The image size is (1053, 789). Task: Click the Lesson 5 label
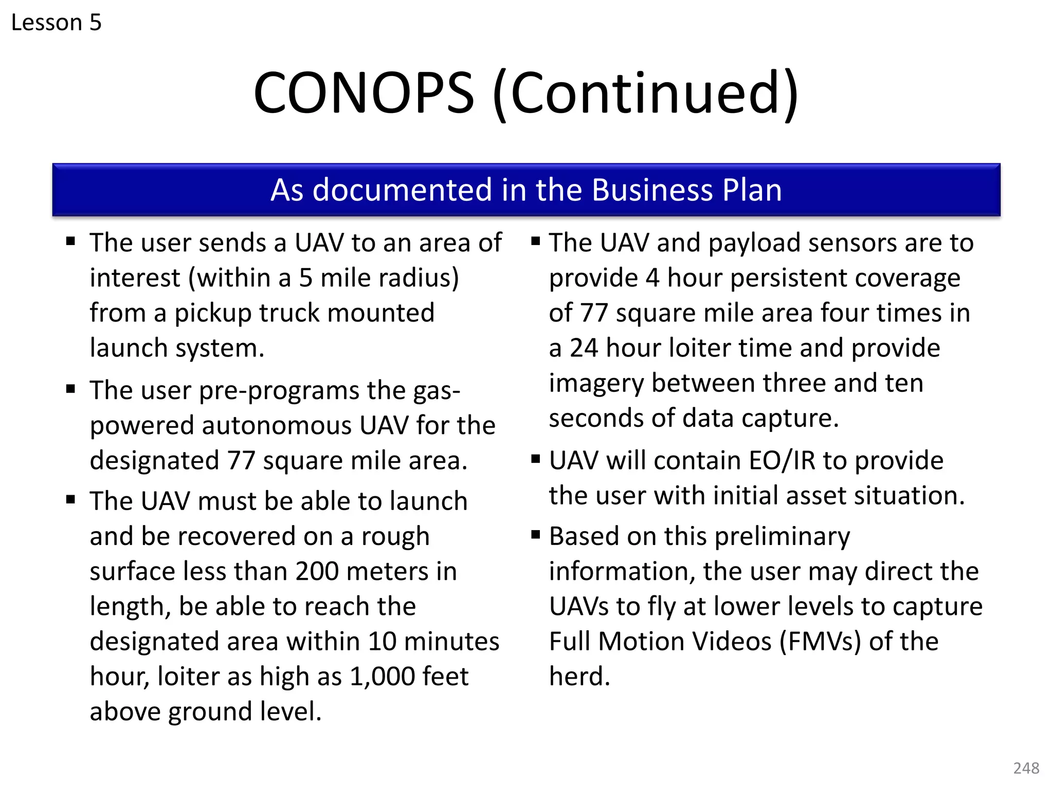click(56, 23)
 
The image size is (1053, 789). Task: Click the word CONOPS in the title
click(364, 93)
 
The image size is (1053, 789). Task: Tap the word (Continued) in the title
click(645, 93)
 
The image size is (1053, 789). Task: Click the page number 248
click(1026, 768)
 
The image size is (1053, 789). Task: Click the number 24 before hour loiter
click(584, 348)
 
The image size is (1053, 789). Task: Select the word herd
click(579, 677)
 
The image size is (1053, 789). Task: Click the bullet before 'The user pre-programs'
click(71, 389)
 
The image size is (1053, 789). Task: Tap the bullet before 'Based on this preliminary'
click(536, 535)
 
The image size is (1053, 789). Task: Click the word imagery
click(596, 384)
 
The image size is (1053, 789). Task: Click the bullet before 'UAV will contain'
click(536, 459)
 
